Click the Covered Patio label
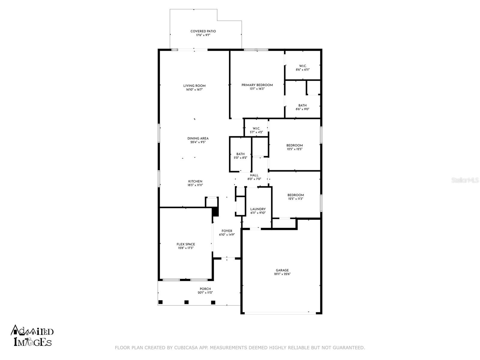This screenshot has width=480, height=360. (203, 31)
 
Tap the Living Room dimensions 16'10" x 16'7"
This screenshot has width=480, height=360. (194, 89)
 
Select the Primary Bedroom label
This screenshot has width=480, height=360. (257, 85)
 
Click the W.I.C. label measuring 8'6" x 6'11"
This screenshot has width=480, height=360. (302, 66)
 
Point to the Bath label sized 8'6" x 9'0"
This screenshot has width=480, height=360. (302, 105)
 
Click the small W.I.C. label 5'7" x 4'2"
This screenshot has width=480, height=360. (256, 128)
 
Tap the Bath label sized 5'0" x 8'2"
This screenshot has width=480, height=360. (240, 154)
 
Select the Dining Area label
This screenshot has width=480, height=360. (198, 138)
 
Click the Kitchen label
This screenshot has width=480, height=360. (195, 181)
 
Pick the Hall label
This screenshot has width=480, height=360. (254, 175)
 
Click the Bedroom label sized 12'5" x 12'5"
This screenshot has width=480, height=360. (294, 145)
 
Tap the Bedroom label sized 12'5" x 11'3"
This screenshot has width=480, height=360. (295, 195)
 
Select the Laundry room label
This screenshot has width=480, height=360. (258, 209)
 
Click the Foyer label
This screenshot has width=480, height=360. (227, 231)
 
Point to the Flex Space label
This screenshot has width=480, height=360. (186, 244)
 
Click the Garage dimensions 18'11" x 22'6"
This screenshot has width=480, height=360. (282, 274)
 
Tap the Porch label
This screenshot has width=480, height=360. (205, 289)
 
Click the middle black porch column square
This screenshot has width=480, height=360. (187, 302)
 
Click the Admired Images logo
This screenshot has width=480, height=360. (32, 335)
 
